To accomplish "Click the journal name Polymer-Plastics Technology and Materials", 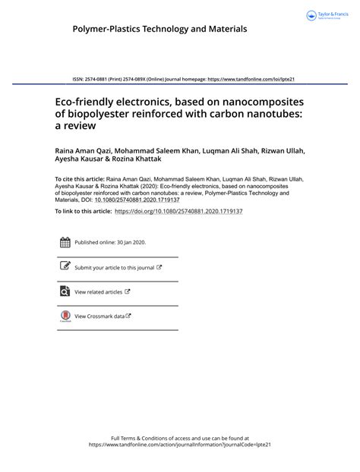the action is (159, 29).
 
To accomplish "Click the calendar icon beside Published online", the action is (65, 243).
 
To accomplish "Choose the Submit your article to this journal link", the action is (114, 268).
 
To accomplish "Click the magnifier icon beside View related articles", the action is (65, 291).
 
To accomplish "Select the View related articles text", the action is (98, 291).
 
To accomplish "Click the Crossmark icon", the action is (65, 316).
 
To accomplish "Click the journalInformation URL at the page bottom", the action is (179, 445).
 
